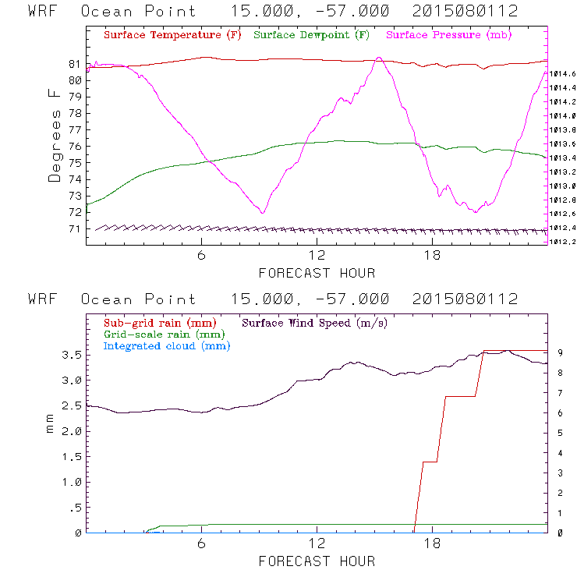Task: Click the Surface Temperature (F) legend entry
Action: pyautogui.click(x=172, y=36)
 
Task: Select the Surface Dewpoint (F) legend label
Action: pyautogui.click(x=311, y=36)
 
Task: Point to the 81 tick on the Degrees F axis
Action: pyautogui.click(x=74, y=64)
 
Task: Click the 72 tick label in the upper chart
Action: pyautogui.click(x=74, y=212)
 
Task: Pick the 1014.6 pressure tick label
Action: pyautogui.click(x=561, y=73)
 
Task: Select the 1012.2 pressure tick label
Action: pyautogui.click(x=561, y=241)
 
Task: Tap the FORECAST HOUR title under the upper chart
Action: pyautogui.click(x=317, y=273)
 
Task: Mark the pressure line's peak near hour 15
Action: pyautogui.click(x=378, y=58)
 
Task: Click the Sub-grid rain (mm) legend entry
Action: pyautogui.click(x=159, y=322)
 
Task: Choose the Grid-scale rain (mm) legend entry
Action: pyautogui.click(x=163, y=334)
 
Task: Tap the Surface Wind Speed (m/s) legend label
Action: pyautogui.click(x=314, y=322)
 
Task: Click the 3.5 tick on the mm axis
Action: pyautogui.click(x=72, y=355)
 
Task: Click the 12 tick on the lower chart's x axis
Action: pyautogui.click(x=317, y=544)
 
